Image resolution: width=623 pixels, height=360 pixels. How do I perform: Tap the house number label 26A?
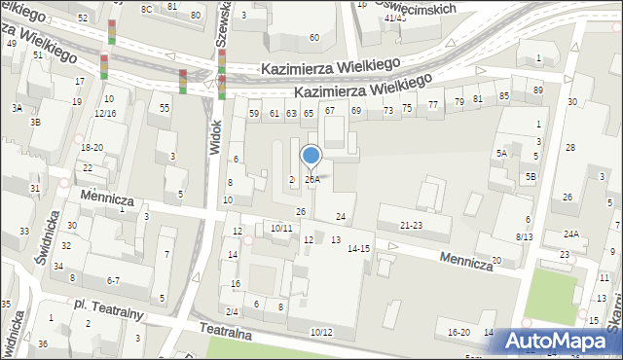pos(311,179)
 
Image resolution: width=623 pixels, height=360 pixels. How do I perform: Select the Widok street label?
pos(215,135)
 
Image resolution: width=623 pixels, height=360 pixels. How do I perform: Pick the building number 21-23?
pos(411,225)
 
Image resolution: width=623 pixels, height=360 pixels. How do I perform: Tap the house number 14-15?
pos(358,249)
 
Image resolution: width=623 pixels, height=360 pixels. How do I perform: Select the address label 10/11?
pos(281,228)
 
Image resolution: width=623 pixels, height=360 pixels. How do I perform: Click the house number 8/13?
pos(525,236)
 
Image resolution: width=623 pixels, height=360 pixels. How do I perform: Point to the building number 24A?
pos(570,234)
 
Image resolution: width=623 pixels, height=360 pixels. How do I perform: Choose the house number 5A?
pos(501,154)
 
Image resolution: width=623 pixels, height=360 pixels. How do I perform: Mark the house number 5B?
pos(531,176)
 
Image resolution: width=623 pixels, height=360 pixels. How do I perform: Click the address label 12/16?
pos(105,114)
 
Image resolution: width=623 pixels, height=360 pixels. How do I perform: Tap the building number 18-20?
pos(92,147)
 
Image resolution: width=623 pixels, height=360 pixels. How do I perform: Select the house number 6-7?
pos(113,281)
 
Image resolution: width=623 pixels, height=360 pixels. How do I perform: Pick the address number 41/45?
pos(394,18)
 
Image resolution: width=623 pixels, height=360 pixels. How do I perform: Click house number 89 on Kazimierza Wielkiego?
pos(538,90)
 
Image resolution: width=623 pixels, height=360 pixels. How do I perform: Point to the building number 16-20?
pos(458,333)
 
